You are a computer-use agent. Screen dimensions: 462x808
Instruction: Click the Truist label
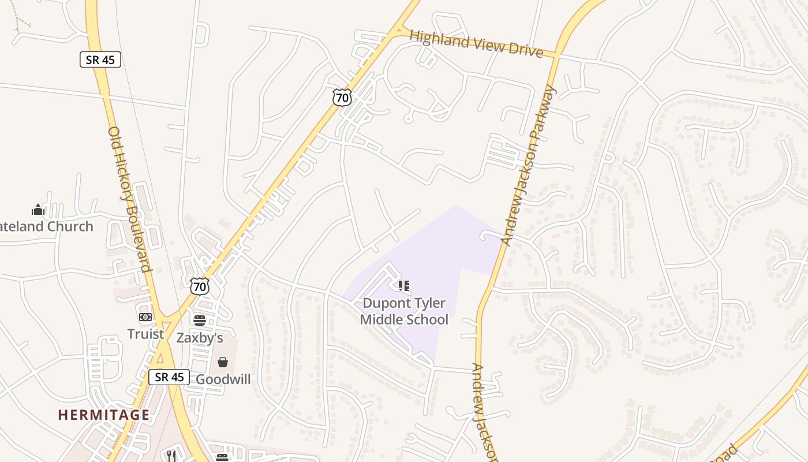[x=145, y=334]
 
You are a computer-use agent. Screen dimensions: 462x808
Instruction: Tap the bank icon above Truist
[x=145, y=317]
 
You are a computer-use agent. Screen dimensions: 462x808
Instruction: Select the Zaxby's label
[x=200, y=337]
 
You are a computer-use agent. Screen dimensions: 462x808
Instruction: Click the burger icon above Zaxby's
[x=200, y=320]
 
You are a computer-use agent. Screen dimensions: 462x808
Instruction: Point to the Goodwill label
[x=223, y=379]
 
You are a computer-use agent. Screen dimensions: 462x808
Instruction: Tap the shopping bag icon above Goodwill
[x=223, y=362]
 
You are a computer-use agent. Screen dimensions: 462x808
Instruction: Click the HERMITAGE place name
[x=104, y=415]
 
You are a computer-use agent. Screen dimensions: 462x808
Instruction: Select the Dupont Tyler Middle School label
[x=404, y=311]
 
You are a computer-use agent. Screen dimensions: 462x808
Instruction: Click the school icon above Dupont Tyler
[x=404, y=286]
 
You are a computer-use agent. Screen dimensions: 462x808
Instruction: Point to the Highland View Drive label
[x=476, y=44]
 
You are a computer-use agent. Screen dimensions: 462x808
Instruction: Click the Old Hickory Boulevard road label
[x=129, y=199]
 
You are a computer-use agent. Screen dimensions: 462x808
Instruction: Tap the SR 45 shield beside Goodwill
[x=169, y=377]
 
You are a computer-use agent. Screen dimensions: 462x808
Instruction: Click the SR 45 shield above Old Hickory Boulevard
[x=100, y=59]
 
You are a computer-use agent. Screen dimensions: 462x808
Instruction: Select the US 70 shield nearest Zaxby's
[x=200, y=285]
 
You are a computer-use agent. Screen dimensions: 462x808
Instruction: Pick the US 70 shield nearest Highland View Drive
[x=342, y=97]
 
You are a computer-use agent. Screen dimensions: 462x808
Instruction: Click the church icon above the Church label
[x=38, y=209]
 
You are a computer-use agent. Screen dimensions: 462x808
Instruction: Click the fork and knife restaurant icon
[x=171, y=456]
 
